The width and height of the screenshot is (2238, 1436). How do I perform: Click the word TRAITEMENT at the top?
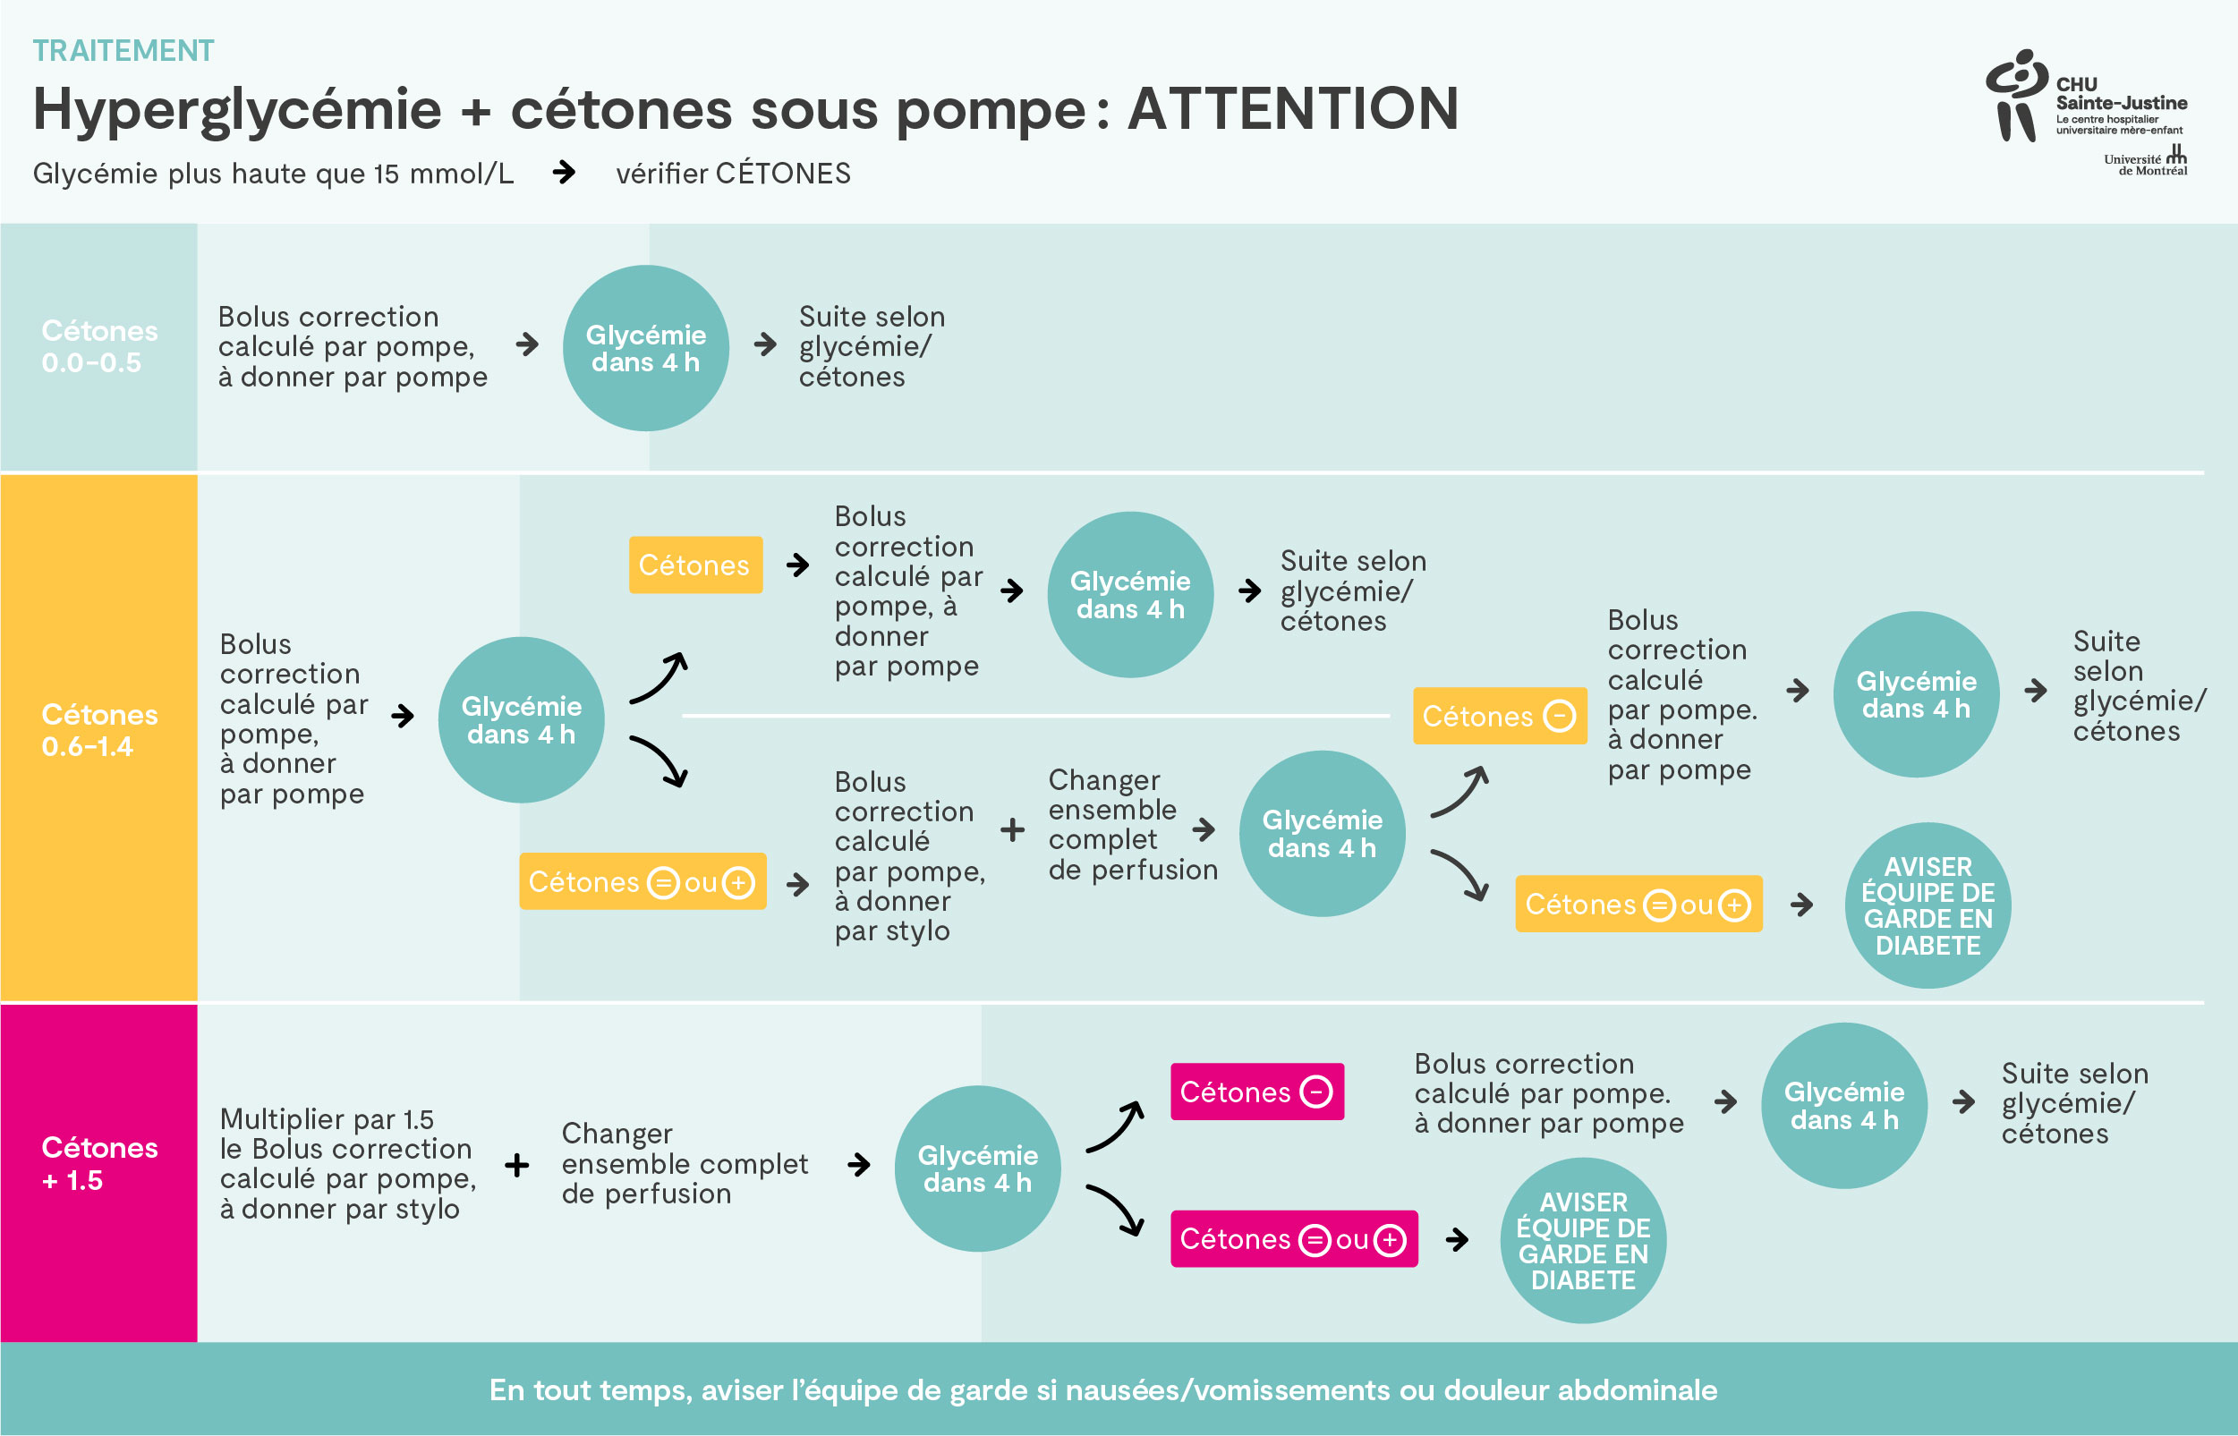pos(123,50)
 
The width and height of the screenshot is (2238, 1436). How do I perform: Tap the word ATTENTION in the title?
pos(1292,109)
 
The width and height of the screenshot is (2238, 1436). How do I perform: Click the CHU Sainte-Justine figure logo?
pos(2016,95)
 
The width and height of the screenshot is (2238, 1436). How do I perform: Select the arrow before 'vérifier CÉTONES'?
pos(563,173)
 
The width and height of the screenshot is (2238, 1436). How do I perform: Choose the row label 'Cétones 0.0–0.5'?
pos(98,347)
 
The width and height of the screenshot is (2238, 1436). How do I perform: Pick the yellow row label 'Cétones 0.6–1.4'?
pos(98,730)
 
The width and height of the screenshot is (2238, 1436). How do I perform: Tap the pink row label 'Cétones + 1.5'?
pos(98,1163)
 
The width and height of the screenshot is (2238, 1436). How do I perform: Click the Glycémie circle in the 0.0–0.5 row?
pos(645,348)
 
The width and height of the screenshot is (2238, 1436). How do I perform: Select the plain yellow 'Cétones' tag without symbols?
pos(694,565)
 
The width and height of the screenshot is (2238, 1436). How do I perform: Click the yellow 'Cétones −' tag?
pos(1499,716)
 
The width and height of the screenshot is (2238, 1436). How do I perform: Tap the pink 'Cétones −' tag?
pos(1256,1091)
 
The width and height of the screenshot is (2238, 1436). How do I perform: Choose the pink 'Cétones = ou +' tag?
pos(1293,1238)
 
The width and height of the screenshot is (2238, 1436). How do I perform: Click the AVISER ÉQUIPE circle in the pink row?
pos(1582,1240)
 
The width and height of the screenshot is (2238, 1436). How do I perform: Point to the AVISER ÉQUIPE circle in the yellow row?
pos(1927,905)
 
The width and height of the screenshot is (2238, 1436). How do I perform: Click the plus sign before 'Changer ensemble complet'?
pos(516,1164)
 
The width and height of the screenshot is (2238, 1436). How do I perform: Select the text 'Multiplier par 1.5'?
pos(327,1119)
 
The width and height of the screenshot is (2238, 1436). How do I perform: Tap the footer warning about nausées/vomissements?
pos(1102,1389)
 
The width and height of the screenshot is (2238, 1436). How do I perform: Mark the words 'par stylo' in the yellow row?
pos(891,930)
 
